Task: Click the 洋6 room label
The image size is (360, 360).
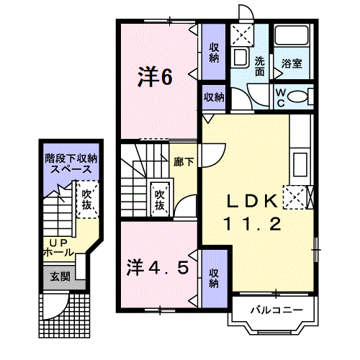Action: click(155, 76)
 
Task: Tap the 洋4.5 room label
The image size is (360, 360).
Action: click(158, 268)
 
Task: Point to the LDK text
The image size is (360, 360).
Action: click(252, 201)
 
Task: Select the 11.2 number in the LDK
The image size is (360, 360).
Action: click(252, 224)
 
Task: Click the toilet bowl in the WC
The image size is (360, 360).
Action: click(297, 96)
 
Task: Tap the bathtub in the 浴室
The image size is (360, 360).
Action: click(292, 35)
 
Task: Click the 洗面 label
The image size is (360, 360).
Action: click(260, 66)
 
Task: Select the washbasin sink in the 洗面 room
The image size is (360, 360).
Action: click(240, 58)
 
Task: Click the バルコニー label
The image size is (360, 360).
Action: click(276, 310)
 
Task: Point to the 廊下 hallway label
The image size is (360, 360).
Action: click(184, 162)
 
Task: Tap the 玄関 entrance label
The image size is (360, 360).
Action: click(60, 276)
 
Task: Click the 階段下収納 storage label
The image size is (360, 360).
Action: click(71, 158)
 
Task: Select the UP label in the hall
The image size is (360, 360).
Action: click(58, 243)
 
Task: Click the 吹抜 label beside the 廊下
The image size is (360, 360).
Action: click(159, 199)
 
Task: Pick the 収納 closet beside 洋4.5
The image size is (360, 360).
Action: click(215, 279)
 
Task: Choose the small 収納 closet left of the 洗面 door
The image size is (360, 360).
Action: click(214, 97)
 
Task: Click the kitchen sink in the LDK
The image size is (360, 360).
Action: click(300, 164)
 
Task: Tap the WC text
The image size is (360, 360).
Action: click(281, 98)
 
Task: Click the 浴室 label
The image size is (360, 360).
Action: click(292, 63)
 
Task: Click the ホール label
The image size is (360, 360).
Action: click(58, 252)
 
